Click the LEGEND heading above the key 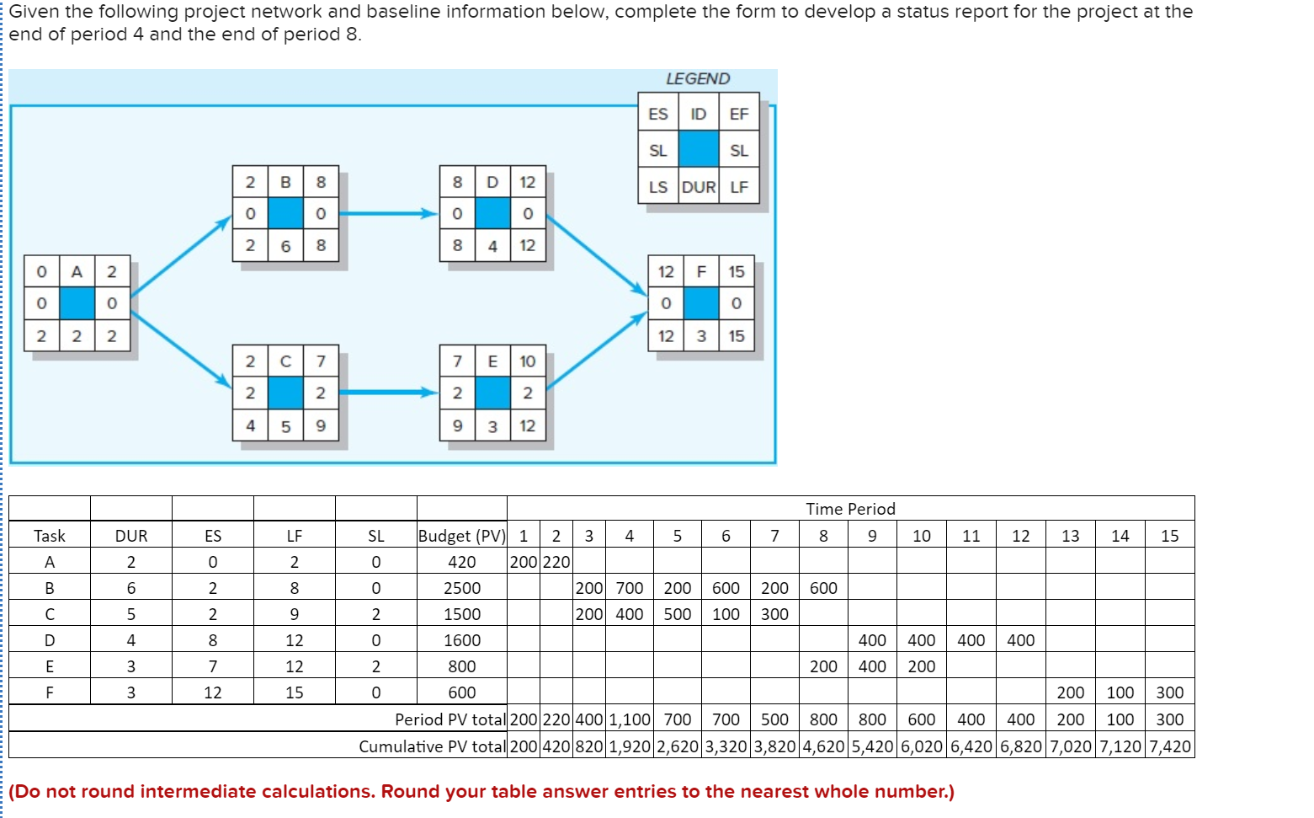coord(698,78)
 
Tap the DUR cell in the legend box coord(699,187)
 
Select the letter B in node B coord(285,182)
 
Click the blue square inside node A coord(77,303)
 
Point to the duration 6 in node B coord(285,246)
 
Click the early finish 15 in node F coord(737,271)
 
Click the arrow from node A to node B coord(181,257)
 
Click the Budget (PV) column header coord(462,536)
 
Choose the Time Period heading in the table coord(850,509)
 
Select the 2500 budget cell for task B coord(462,588)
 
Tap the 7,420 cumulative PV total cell coord(1169,746)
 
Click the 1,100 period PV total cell coord(629,719)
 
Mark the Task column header coord(50,536)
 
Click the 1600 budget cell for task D coord(462,640)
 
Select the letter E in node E coord(492,361)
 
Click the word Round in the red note coord(407,792)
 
